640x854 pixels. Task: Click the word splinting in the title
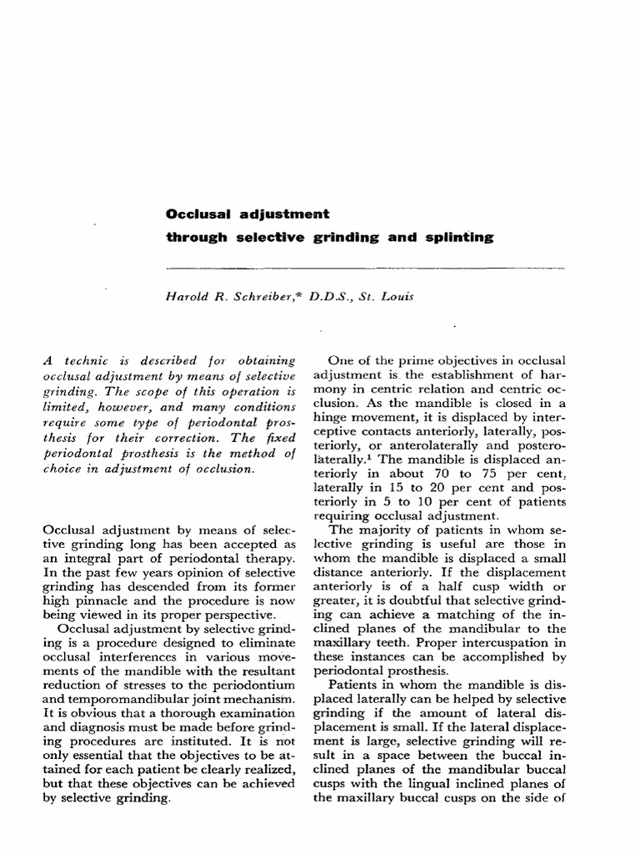point(462,238)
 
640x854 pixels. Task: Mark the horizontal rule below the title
point(366,268)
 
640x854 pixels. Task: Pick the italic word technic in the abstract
point(92,361)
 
